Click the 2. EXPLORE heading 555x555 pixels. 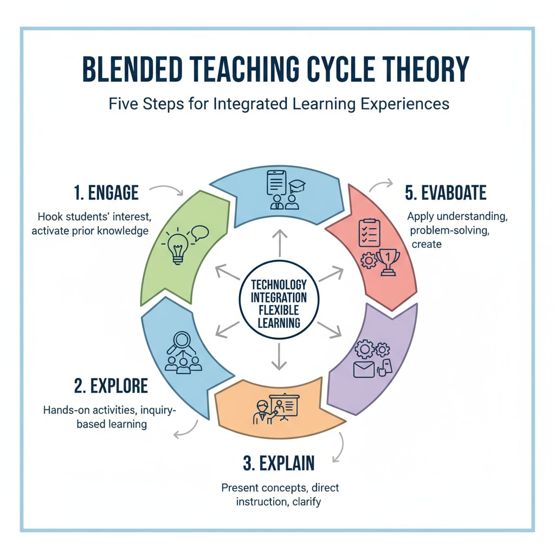(x=111, y=386)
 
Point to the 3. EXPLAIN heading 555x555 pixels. (x=279, y=463)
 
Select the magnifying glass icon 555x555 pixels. (x=182, y=343)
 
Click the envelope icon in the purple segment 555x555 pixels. (x=364, y=370)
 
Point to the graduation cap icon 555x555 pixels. (x=297, y=186)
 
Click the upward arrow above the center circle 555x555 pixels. (x=279, y=242)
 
